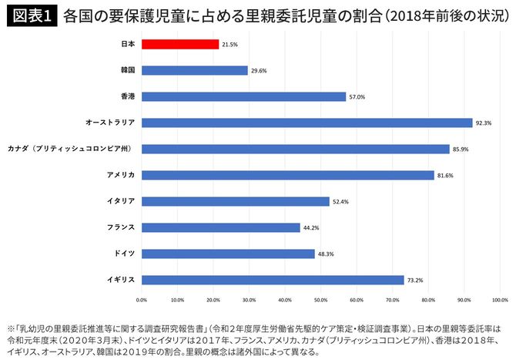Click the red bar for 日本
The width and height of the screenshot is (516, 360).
point(179,44)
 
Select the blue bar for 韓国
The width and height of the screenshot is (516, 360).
point(194,70)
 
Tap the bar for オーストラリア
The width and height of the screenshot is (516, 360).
point(307,123)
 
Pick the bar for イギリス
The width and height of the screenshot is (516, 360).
point(273,280)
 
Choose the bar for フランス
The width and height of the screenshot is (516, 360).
point(220,227)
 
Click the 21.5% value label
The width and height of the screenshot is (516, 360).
point(230,44)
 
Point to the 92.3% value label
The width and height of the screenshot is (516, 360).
point(484,123)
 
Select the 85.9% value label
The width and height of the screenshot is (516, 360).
point(461,149)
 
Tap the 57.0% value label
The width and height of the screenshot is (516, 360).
point(357,96)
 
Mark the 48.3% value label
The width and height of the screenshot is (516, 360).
point(327,254)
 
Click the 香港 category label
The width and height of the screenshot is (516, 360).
point(127,96)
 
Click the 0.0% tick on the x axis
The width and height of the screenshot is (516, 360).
point(142,300)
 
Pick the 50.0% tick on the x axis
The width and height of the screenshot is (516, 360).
point(320,300)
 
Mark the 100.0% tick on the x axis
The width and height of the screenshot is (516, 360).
point(499,300)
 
